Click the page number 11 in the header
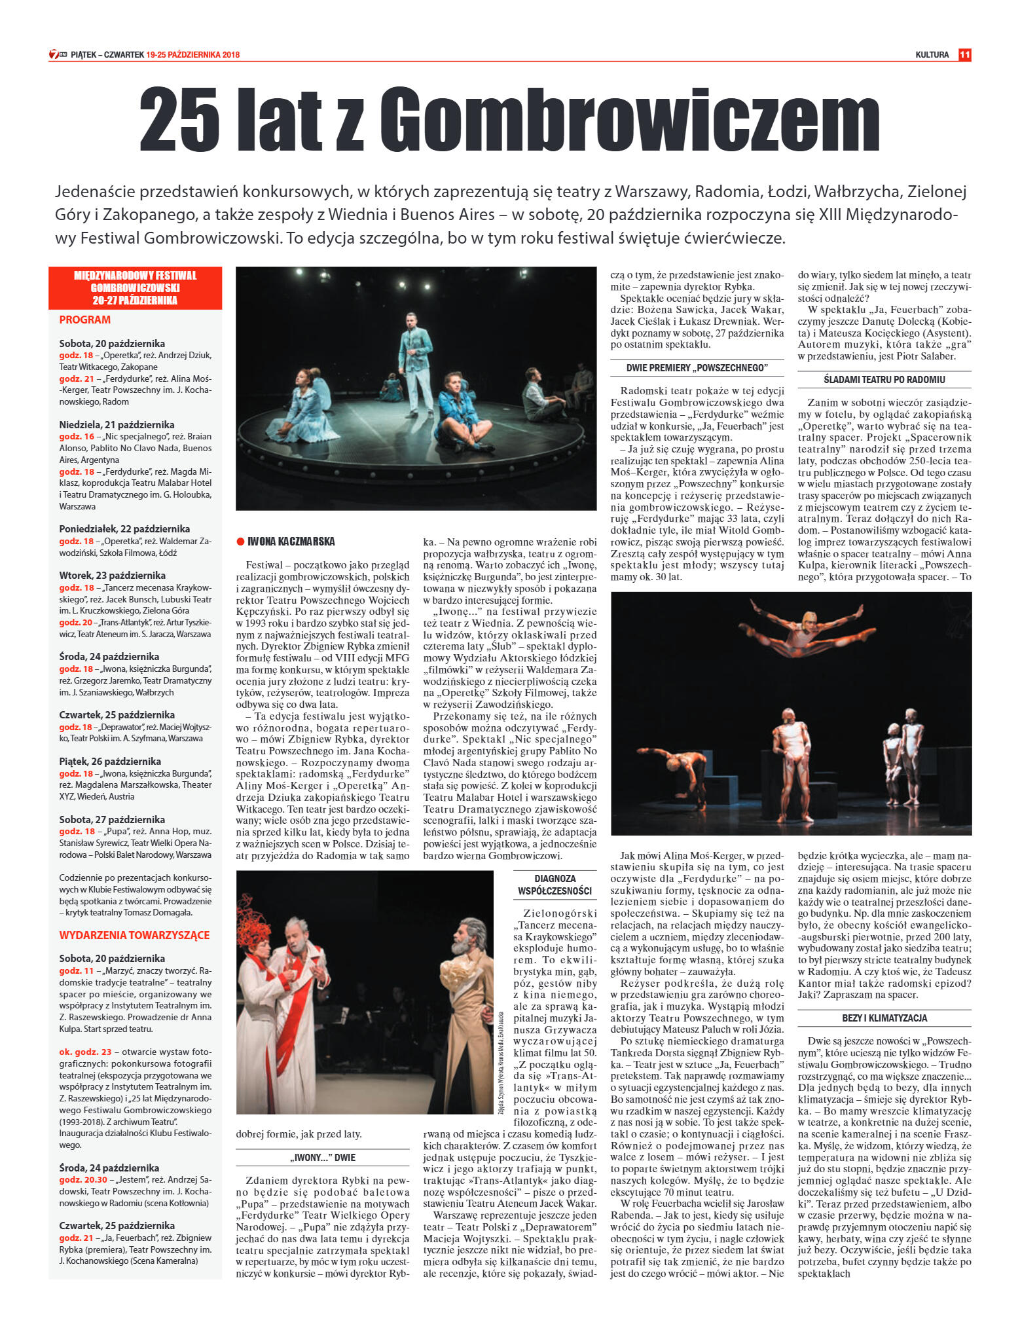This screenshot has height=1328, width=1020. (x=964, y=55)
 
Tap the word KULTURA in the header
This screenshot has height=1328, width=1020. (x=932, y=55)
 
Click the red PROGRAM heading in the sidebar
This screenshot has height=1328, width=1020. (x=85, y=320)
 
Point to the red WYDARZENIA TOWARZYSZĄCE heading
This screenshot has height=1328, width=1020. (x=134, y=935)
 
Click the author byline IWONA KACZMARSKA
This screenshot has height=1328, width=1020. (x=291, y=542)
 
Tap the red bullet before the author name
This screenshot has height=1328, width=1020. (x=240, y=542)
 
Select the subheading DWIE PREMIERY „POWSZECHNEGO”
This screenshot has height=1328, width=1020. (x=697, y=368)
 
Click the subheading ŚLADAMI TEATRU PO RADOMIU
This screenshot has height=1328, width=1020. (x=884, y=380)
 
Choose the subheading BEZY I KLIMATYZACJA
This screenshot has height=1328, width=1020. (x=884, y=1018)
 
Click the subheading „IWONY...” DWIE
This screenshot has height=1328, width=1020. (x=323, y=1157)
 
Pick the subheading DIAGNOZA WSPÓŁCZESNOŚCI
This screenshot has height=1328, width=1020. (x=555, y=885)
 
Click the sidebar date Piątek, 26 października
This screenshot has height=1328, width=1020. (x=110, y=762)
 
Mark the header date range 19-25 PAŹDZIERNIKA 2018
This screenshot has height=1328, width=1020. (x=192, y=55)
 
